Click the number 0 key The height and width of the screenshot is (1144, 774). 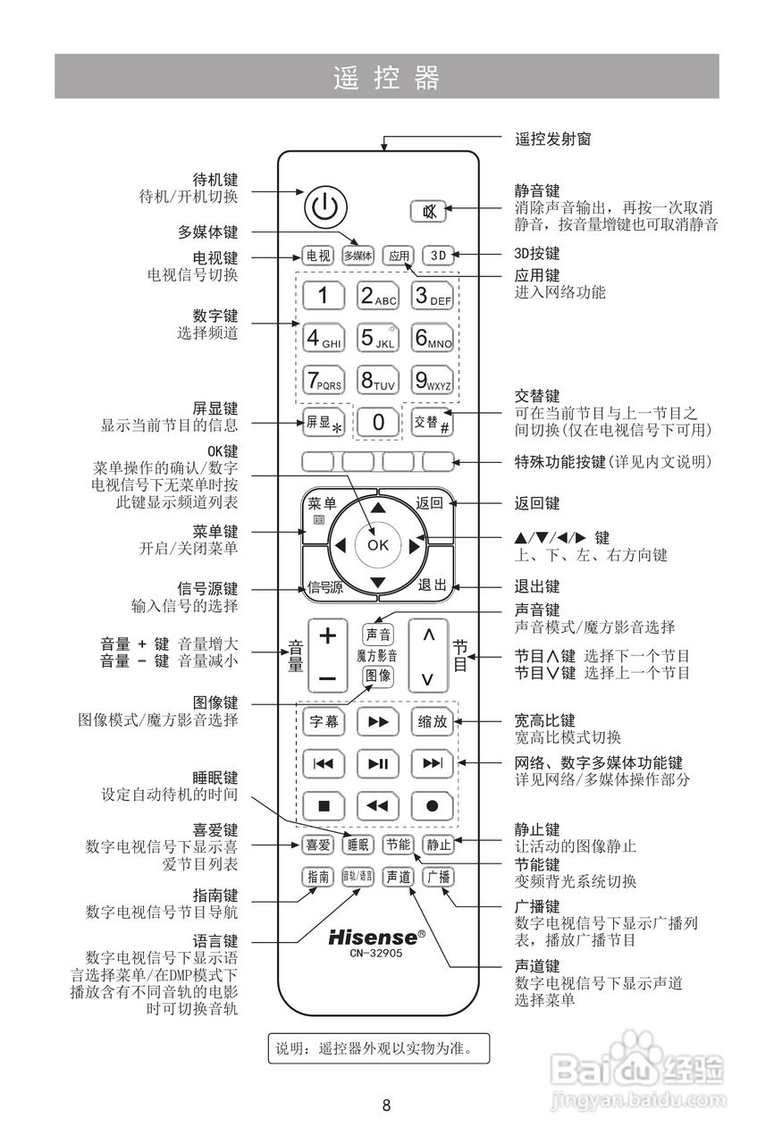[x=378, y=423]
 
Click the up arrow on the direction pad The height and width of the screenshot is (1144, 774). [x=378, y=507]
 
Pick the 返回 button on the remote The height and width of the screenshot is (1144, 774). [x=429, y=503]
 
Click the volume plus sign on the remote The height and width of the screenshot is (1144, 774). [x=328, y=635]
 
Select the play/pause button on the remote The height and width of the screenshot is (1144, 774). [x=378, y=762]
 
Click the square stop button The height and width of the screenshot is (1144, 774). [x=324, y=805]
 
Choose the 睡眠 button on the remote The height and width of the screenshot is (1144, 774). [x=358, y=844]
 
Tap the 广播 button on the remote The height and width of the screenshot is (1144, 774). [x=438, y=877]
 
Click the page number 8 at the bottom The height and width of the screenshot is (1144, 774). [x=386, y=1106]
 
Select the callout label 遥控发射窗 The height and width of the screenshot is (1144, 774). [x=552, y=139]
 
